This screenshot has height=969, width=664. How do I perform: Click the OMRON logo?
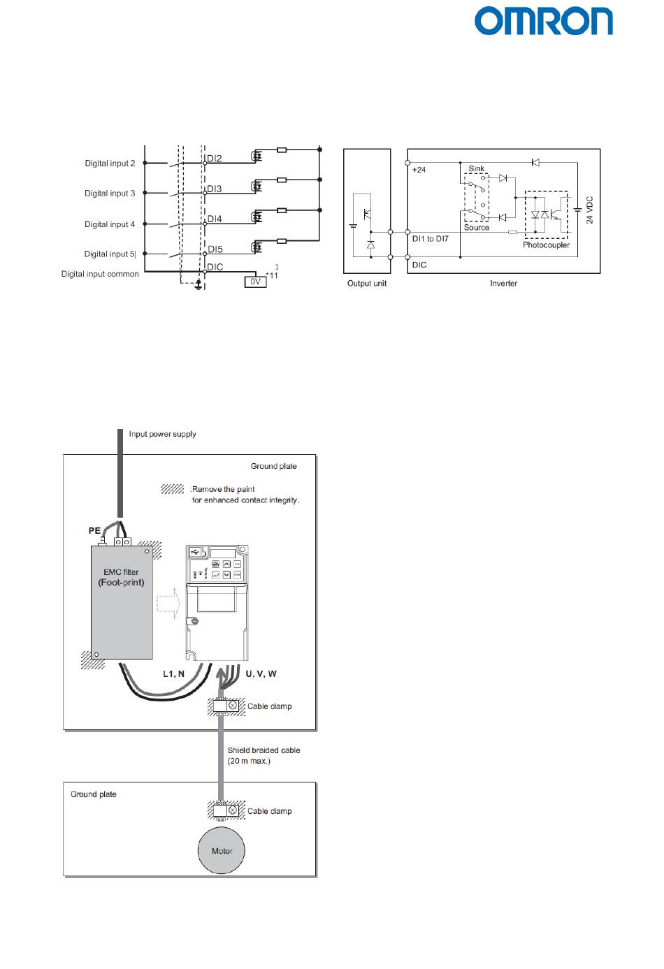click(x=544, y=22)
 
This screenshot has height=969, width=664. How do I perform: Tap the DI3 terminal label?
click(x=215, y=189)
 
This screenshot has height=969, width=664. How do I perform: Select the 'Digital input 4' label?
click(x=110, y=224)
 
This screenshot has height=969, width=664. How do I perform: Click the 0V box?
click(x=255, y=282)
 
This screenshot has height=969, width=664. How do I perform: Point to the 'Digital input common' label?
click(x=100, y=274)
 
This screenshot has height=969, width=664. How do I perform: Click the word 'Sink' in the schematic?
click(x=477, y=168)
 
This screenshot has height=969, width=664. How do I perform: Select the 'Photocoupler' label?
click(x=546, y=245)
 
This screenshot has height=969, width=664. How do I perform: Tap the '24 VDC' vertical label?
click(x=589, y=210)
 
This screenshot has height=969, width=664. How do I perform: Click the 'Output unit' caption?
click(x=367, y=284)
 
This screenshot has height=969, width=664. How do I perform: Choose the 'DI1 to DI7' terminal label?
click(x=431, y=239)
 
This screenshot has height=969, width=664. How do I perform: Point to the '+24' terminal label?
click(x=419, y=170)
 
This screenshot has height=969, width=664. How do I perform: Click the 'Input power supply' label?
click(x=162, y=434)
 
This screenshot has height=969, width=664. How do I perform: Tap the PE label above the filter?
click(x=94, y=531)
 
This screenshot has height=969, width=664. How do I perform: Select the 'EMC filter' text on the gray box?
click(x=121, y=572)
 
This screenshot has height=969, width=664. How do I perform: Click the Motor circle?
click(x=222, y=851)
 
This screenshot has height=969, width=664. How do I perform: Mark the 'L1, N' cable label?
click(x=173, y=674)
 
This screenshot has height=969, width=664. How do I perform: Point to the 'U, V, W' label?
click(x=261, y=674)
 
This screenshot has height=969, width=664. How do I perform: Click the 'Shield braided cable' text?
click(x=264, y=750)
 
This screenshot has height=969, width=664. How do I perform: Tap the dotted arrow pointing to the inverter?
click(x=168, y=602)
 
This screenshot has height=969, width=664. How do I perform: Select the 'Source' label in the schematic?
click(x=477, y=228)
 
